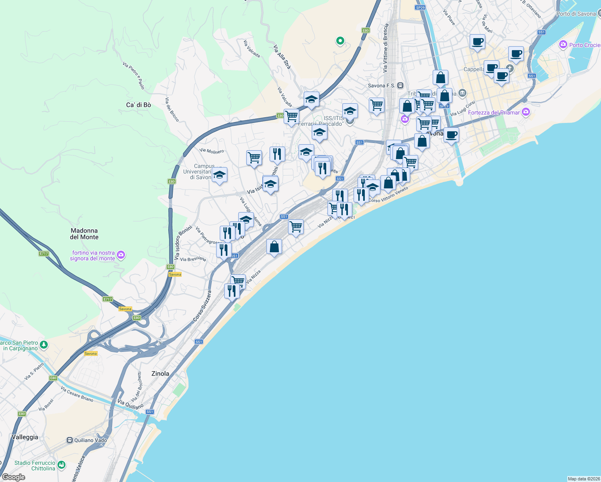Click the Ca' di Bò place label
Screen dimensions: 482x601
[139, 105]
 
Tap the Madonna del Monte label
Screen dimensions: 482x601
[84, 234]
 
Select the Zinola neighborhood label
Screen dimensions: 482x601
[160, 374]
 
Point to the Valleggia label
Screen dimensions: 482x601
[25, 437]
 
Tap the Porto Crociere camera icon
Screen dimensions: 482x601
[563, 45]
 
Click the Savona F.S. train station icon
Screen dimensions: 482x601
[400, 86]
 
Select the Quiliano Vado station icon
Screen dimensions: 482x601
[70, 440]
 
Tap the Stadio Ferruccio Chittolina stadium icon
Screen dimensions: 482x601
[61, 465]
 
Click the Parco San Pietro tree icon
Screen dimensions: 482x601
[44, 345]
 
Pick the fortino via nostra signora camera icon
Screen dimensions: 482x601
[121, 255]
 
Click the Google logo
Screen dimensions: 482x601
[13, 477]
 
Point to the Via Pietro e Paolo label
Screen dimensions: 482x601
[133, 75]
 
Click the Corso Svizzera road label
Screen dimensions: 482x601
[202, 306]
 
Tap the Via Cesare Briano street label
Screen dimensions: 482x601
[77, 394]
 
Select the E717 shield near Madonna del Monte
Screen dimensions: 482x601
[44, 253]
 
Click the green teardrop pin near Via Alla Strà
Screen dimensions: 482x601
[340, 41]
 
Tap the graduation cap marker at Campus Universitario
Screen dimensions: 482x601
[219, 175]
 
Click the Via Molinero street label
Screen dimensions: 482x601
[212, 151]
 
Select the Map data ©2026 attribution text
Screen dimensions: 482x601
[584, 478]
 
